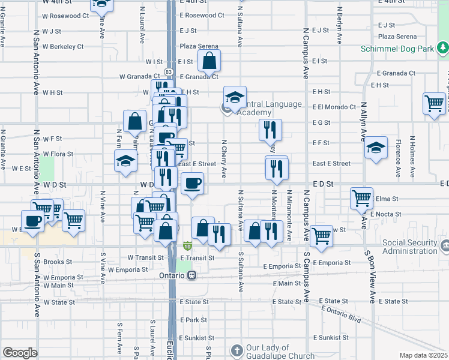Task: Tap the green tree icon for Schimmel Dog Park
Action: click(442, 46)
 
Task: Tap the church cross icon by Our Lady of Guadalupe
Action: click(237, 350)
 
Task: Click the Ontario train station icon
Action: click(191, 275)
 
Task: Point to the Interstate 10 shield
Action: click(187, 246)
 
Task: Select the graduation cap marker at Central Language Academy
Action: click(235, 97)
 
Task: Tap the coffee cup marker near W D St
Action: click(192, 183)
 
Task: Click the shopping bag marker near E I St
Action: click(209, 60)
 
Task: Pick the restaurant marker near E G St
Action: click(270, 130)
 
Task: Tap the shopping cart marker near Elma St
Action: click(361, 197)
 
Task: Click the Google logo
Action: click(20, 352)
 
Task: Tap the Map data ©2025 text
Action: click(423, 355)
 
